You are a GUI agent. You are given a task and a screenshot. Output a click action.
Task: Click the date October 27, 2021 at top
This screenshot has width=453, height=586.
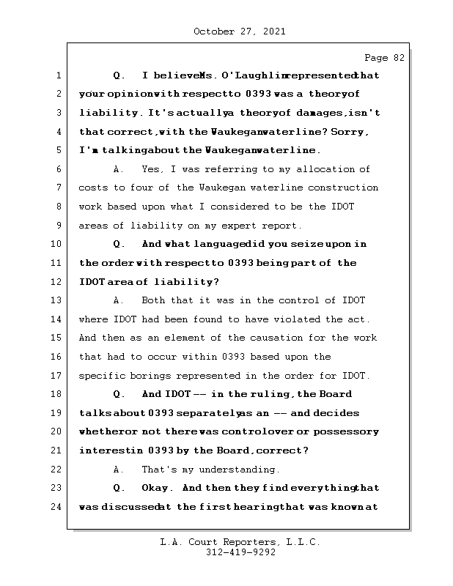239,31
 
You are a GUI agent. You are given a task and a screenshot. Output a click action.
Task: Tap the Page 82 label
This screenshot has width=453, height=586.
384,57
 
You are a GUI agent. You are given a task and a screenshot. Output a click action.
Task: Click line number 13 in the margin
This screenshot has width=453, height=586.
59,300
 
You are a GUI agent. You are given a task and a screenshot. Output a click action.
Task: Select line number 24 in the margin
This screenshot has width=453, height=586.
59,507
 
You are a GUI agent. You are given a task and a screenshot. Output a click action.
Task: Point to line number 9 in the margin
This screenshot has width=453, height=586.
59,226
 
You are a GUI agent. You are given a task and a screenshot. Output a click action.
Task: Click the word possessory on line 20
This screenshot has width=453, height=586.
347,431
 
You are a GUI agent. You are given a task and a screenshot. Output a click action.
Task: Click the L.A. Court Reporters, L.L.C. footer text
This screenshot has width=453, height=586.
239,542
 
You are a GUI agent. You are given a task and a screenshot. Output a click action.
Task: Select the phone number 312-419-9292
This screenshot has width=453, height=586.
239,553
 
